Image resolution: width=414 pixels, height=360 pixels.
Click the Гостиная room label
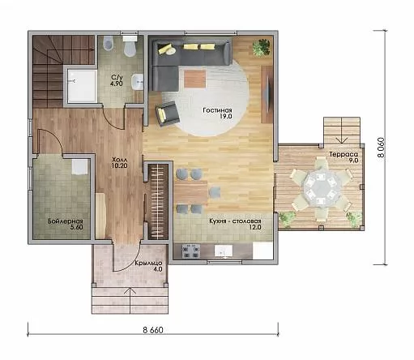pos(217,110)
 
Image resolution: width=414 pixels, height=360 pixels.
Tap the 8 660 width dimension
pos(153,330)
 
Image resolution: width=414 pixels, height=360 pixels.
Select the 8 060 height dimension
pos(381,148)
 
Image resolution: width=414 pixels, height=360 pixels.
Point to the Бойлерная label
pos(66,221)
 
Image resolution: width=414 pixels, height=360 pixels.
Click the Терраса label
pos(344,154)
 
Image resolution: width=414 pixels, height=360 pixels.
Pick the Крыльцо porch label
pos(148,263)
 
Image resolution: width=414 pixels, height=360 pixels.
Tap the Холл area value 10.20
pos(119,165)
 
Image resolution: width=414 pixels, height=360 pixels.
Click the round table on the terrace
pos(321,187)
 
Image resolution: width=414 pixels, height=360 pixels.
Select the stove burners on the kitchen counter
pos(191,251)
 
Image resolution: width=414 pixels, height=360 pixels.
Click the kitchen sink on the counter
pos(224,251)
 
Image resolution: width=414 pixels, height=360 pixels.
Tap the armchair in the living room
pos(168,114)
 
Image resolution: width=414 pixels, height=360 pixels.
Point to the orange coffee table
pos(194,79)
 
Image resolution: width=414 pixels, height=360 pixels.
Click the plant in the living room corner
pos(262,47)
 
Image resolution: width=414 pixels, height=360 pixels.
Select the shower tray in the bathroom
pos(82,86)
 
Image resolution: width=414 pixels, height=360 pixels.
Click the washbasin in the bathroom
pos(138,82)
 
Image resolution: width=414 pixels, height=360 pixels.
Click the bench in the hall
pos(100,216)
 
